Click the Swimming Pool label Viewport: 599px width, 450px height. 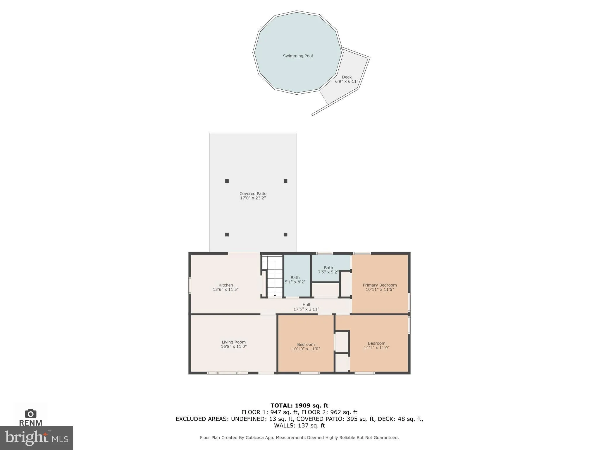[x=298, y=56]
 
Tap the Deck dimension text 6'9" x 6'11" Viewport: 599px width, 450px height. [x=347, y=81]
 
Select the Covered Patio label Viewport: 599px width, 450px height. [x=253, y=194]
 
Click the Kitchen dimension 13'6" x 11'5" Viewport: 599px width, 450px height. [x=226, y=289]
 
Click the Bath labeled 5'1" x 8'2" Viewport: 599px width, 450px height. [x=295, y=280]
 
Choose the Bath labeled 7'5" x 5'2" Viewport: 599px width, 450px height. [x=328, y=270]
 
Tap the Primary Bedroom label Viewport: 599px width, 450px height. [x=380, y=285]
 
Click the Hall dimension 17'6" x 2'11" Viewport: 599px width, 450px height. [x=306, y=309]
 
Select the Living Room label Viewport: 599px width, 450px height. [x=234, y=342]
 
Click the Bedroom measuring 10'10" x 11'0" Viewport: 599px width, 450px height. [x=306, y=347]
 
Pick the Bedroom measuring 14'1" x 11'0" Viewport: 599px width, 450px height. [x=376, y=345]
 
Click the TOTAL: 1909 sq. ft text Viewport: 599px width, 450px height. [x=299, y=405]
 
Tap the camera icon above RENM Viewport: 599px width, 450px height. [x=31, y=413]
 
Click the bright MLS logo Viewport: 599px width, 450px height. [x=37, y=438]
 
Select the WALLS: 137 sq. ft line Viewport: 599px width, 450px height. [x=299, y=425]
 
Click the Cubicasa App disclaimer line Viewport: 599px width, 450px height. [x=299, y=438]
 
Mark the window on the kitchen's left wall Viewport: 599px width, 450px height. [x=190, y=285]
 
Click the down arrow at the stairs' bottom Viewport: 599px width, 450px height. [x=275, y=296]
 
